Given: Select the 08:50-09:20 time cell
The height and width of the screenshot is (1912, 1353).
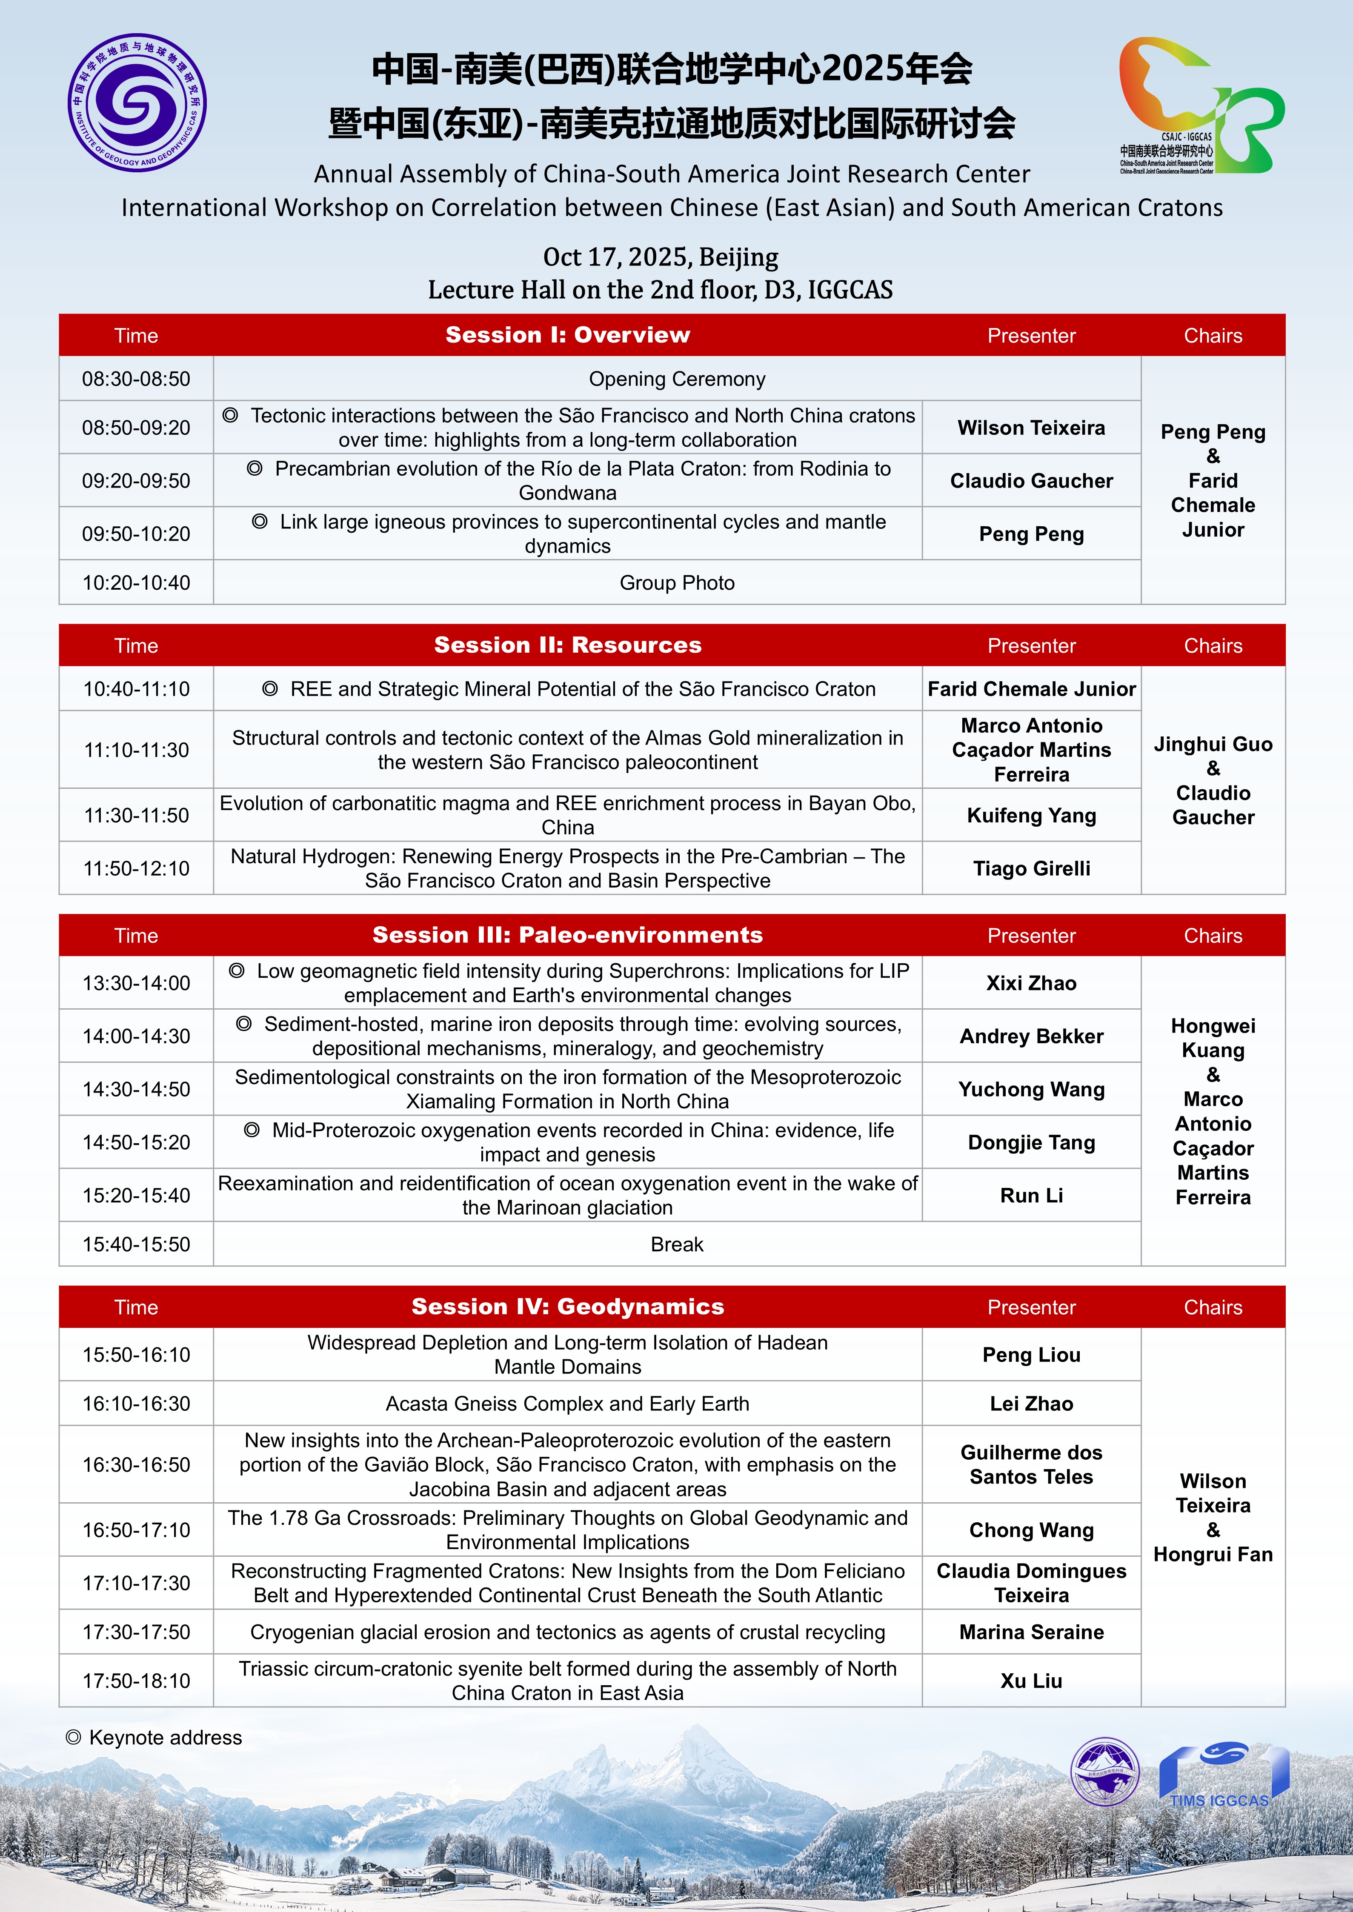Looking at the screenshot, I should pyautogui.click(x=136, y=427).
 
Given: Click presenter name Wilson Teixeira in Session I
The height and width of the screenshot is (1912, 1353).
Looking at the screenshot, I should pyautogui.click(x=1030, y=427).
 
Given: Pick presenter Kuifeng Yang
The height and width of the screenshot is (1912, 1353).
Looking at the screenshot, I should pyautogui.click(x=1030, y=815).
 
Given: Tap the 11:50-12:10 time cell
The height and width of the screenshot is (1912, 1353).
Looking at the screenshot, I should pyautogui.click(x=136, y=868).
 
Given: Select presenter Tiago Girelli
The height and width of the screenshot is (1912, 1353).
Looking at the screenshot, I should pyautogui.click(x=1030, y=868).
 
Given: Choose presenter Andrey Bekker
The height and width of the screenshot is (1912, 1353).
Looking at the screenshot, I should pyautogui.click(x=1030, y=1036).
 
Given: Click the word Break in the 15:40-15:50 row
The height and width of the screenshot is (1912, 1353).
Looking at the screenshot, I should pyautogui.click(x=677, y=1244).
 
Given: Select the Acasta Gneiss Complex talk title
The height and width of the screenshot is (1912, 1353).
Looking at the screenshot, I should pyautogui.click(x=567, y=1403).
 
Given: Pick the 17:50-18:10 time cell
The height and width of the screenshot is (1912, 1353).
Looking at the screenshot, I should pyautogui.click(x=136, y=1681).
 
